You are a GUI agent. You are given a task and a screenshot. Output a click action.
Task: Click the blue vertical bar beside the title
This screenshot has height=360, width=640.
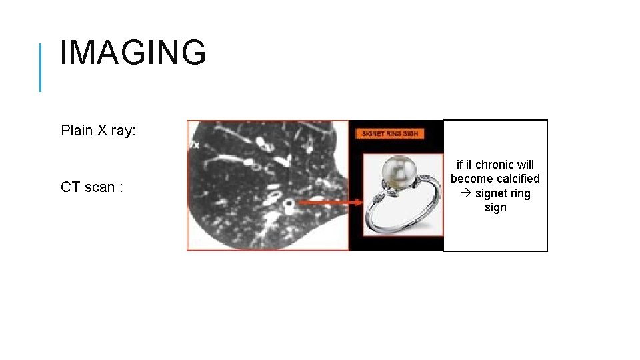click(x=41, y=67)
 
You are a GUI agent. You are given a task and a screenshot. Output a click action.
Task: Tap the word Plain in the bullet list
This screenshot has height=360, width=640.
click(x=75, y=131)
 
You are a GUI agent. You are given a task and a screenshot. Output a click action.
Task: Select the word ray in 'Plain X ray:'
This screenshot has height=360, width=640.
click(x=121, y=131)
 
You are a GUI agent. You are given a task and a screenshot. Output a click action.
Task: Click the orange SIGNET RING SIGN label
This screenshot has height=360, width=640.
click(x=389, y=133)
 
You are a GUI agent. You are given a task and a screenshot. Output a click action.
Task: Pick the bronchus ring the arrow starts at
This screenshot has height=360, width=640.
click(x=289, y=202)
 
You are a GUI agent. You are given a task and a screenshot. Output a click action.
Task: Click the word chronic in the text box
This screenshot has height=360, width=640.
click(x=495, y=165)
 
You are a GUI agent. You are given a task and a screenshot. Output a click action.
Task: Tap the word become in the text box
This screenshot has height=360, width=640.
click(x=470, y=179)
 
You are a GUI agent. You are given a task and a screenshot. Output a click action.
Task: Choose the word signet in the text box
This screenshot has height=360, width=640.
click(x=491, y=193)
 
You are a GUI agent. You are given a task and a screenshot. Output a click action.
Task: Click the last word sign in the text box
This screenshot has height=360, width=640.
click(x=495, y=207)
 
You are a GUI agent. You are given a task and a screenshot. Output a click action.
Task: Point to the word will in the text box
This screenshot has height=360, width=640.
click(x=525, y=165)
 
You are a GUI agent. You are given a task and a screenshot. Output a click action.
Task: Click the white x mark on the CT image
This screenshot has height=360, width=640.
click(x=196, y=144)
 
